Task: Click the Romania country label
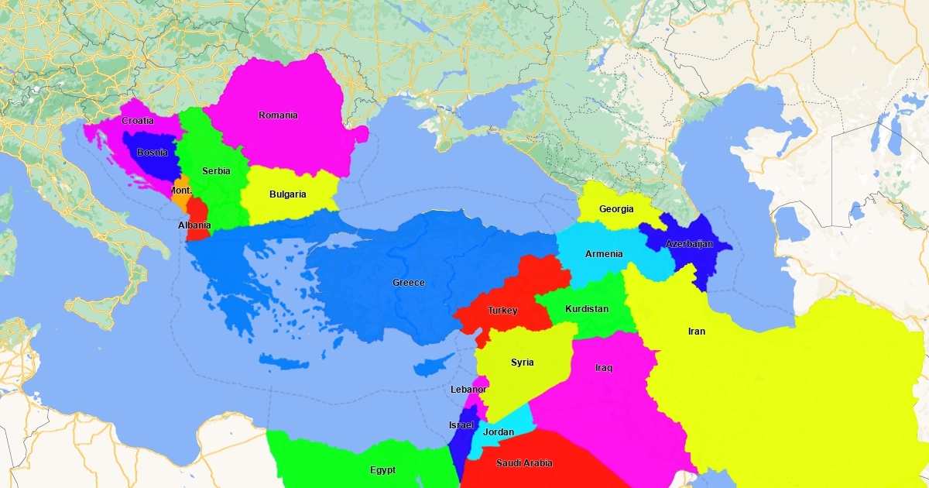pyautogui.click(x=278, y=115)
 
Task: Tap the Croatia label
pyautogui.click(x=138, y=121)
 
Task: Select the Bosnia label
pyautogui.click(x=152, y=153)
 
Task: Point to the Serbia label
pyautogui.click(x=216, y=171)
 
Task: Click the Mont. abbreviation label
pyautogui.click(x=181, y=191)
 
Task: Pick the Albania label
pyautogui.click(x=194, y=225)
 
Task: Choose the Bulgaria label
pyautogui.click(x=288, y=194)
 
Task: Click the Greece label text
pyautogui.click(x=409, y=283)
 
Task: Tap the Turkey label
pyautogui.click(x=502, y=311)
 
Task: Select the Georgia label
pyautogui.click(x=616, y=209)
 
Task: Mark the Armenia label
pyautogui.click(x=604, y=254)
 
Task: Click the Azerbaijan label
pyautogui.click(x=689, y=244)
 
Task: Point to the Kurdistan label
pyautogui.click(x=587, y=309)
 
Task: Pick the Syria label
pyautogui.click(x=523, y=363)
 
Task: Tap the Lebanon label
pyautogui.click(x=468, y=390)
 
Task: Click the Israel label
pyautogui.click(x=461, y=425)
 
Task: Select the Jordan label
pyautogui.click(x=499, y=432)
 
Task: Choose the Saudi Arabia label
pyautogui.click(x=525, y=463)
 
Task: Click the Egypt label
pyautogui.click(x=382, y=470)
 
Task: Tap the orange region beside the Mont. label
pyautogui.click(x=180, y=201)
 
